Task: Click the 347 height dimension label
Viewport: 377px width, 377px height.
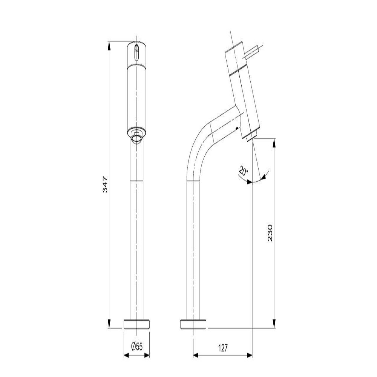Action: click(105, 185)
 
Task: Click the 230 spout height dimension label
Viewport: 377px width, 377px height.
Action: click(270, 233)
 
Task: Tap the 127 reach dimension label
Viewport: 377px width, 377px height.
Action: click(223, 348)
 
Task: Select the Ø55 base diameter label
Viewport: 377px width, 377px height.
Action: click(137, 346)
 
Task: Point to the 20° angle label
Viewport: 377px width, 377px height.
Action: click(243, 170)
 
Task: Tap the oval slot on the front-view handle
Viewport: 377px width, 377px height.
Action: click(136, 52)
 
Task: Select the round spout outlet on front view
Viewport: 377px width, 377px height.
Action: click(136, 138)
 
